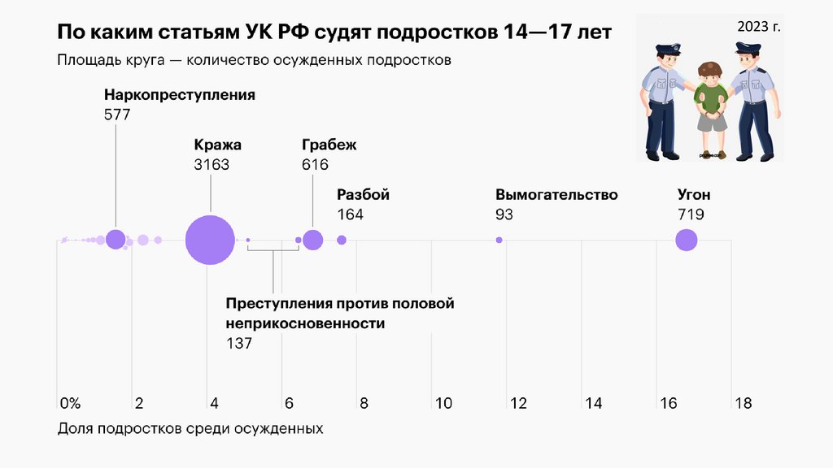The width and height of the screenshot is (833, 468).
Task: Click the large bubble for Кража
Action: pos(211,240)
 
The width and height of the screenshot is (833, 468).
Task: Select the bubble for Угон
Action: pos(687,240)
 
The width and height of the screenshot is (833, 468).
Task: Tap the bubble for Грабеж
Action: pos(312,240)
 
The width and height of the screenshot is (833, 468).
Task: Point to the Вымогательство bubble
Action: pos(499,240)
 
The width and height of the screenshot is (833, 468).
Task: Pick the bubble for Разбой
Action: pos(342,240)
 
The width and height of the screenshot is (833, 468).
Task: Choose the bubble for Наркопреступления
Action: pos(116,240)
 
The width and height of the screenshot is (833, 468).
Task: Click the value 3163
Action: pos(212,164)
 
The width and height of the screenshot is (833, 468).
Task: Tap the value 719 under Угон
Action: pos(691,214)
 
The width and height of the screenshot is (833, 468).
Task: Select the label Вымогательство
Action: pos(556,195)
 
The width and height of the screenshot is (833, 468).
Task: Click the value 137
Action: pos(239,344)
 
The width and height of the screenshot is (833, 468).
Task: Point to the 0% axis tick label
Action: pos(70,403)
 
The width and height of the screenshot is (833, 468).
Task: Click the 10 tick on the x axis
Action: pos(443,403)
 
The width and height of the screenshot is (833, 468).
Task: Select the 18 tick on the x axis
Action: pos(743,403)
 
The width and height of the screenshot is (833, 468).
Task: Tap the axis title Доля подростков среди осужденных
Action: pos(190,428)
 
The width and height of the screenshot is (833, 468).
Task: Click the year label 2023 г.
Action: pos(759,27)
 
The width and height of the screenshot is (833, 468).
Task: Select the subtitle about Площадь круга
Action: pos(254,60)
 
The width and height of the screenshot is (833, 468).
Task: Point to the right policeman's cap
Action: pos(748,48)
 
